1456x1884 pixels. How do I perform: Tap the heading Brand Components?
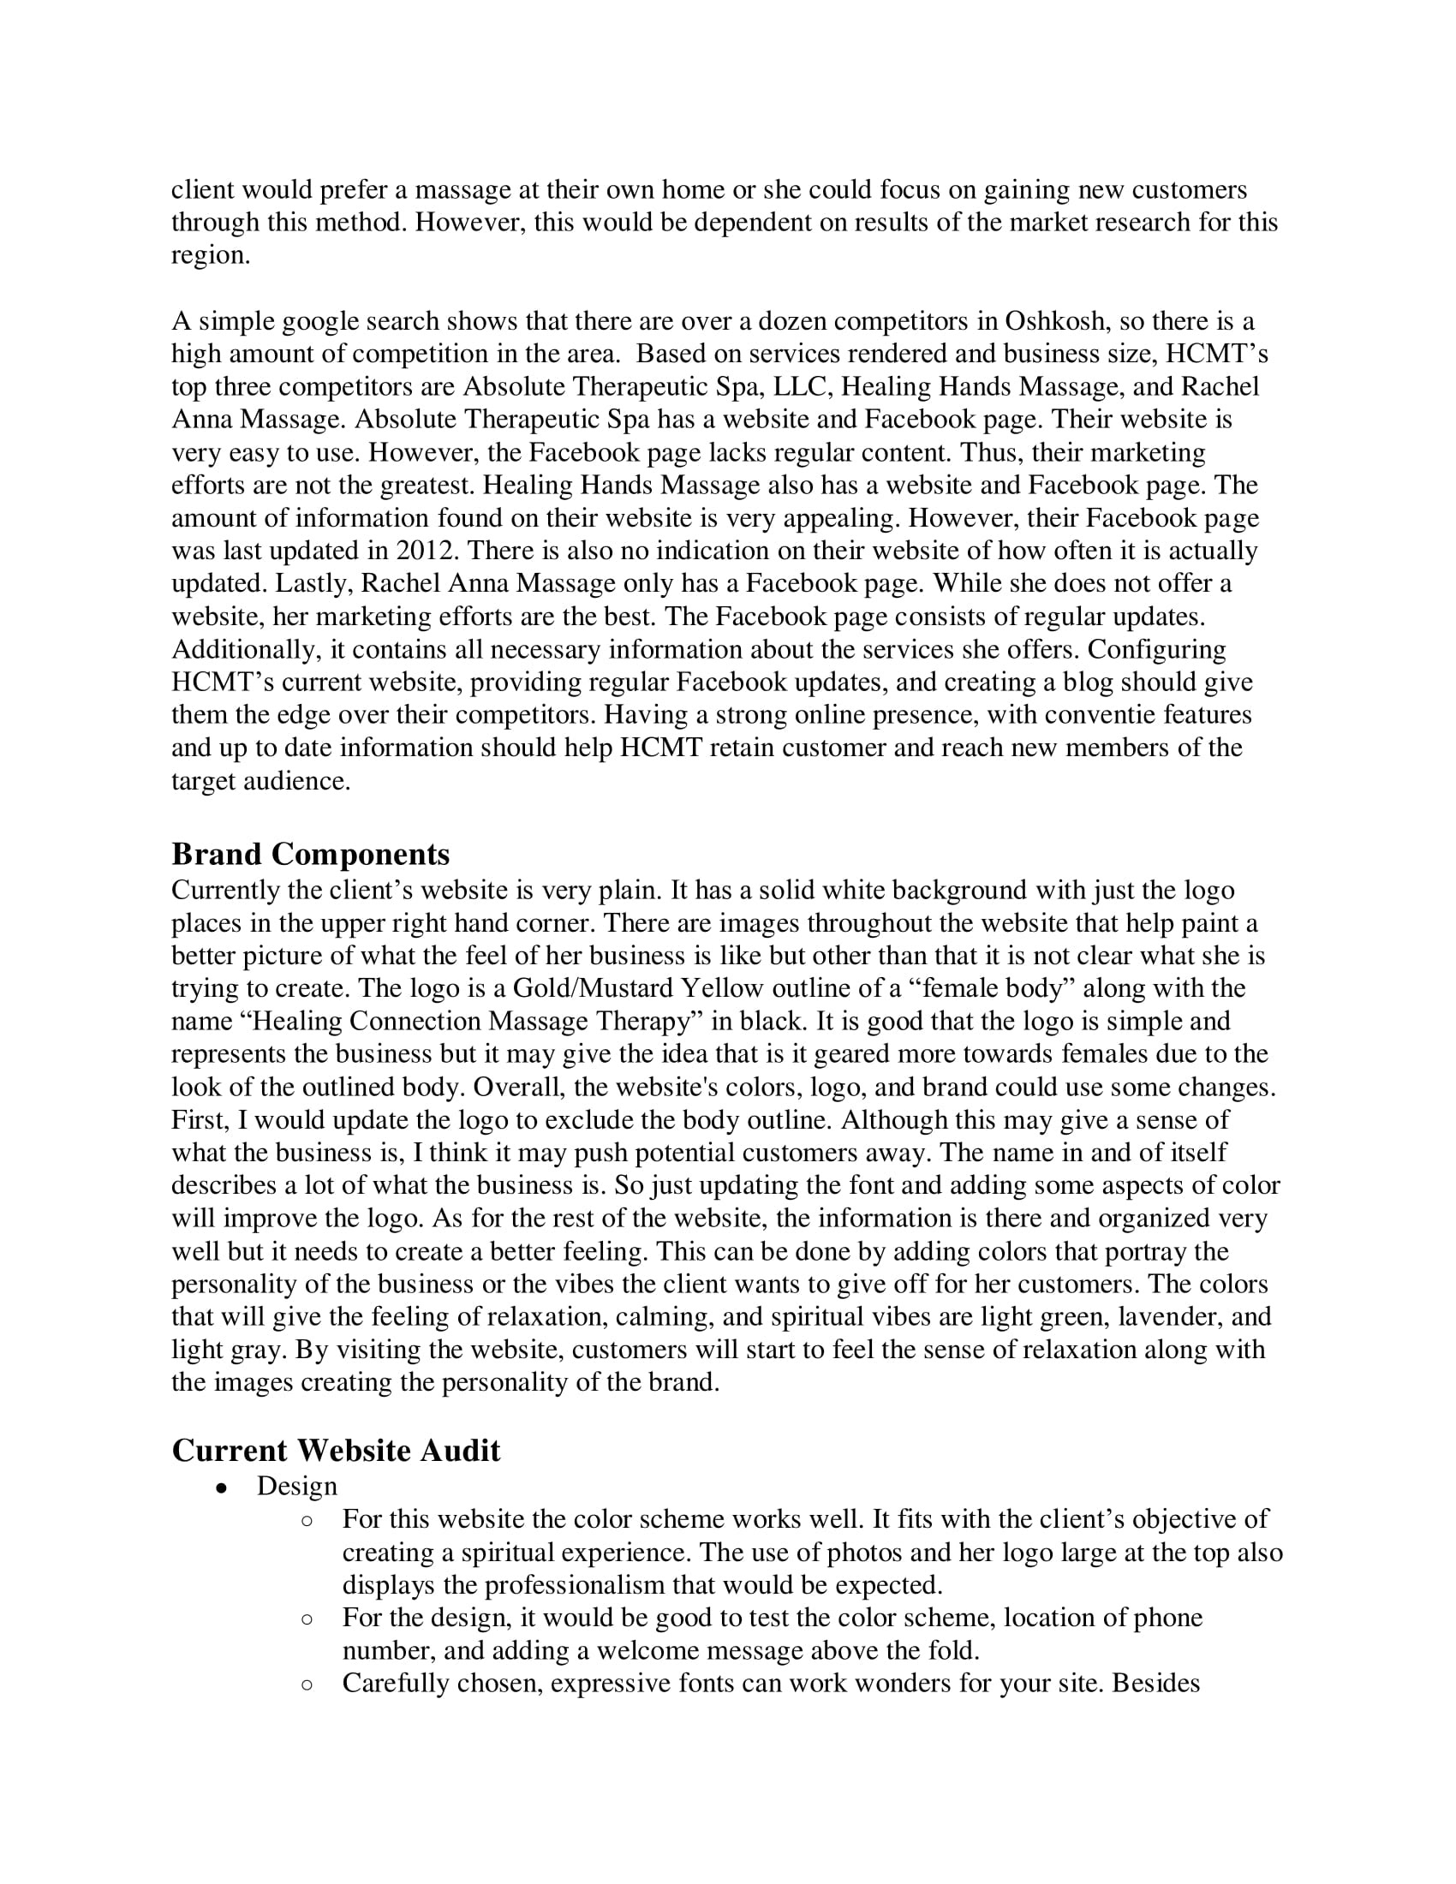(311, 854)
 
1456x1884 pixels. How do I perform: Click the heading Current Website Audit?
(336, 1450)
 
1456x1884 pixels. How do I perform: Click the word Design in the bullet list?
(296, 1487)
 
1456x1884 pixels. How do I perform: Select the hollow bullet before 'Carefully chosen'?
(307, 1683)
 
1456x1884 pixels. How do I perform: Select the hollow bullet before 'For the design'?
(307, 1618)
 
